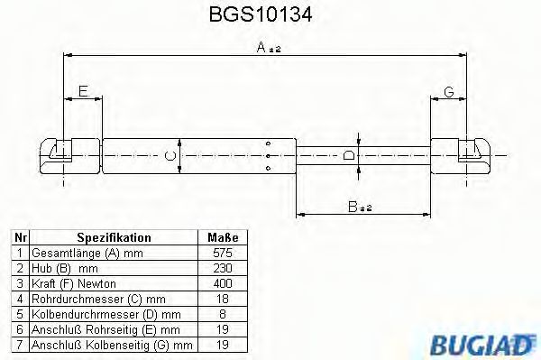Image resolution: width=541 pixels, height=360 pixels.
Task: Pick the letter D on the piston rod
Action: [349, 155]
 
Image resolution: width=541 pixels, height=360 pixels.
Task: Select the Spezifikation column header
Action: [114, 237]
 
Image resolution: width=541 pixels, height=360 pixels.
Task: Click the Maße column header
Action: [223, 237]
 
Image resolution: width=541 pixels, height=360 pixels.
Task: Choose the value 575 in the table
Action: [223, 253]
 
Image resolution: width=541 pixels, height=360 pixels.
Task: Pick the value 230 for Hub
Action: [223, 268]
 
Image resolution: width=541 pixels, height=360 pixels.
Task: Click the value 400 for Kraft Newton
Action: [223, 282]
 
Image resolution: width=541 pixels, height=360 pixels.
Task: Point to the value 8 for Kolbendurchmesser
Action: [223, 312]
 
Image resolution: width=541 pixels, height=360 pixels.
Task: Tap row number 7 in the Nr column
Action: [20, 343]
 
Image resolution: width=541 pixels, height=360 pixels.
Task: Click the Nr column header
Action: [20, 237]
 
